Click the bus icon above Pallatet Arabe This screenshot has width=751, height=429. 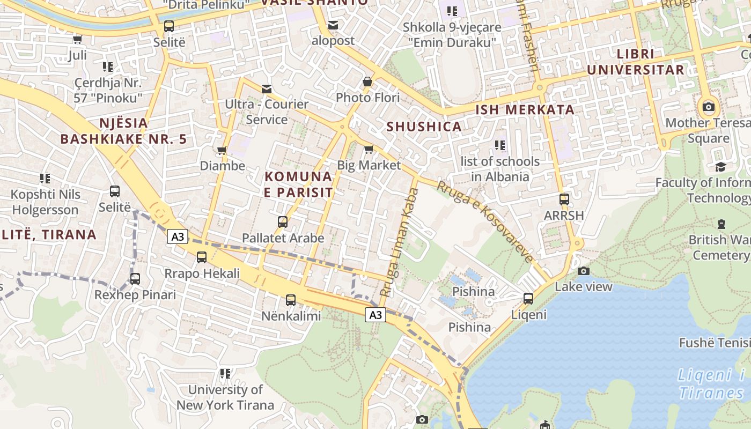tap(283, 221)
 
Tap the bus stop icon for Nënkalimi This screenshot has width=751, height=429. tap(291, 300)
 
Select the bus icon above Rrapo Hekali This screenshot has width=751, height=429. tap(202, 257)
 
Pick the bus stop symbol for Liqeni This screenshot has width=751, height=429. tap(528, 299)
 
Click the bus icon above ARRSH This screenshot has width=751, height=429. tap(564, 199)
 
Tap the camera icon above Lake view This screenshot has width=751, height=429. tap(584, 271)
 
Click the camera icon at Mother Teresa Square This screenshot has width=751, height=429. tap(708, 107)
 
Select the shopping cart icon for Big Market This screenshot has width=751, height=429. tap(369, 149)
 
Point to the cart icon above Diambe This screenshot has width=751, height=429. tap(222, 150)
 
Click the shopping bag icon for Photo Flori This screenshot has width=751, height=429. tap(367, 82)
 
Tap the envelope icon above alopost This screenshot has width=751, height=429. tap(333, 25)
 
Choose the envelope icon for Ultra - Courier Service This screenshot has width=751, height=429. tap(267, 88)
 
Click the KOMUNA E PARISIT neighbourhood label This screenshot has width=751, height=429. tap(298, 184)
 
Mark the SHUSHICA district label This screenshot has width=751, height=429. tap(424, 127)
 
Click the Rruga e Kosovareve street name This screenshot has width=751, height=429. tap(485, 221)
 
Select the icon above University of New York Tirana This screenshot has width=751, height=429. tap(225, 373)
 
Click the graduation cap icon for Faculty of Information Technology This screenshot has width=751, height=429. tap(720, 167)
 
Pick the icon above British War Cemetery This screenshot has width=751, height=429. tap(721, 224)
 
